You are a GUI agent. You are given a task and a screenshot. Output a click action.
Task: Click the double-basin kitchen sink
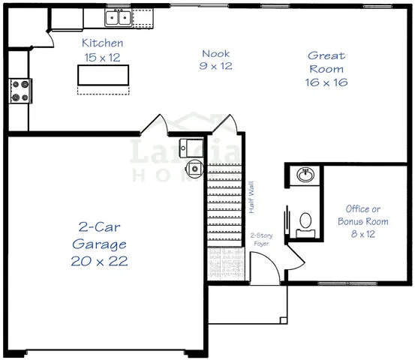[118, 16]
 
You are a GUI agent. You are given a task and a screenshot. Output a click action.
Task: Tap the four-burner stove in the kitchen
[20, 91]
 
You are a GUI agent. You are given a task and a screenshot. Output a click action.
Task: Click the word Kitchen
[103, 43]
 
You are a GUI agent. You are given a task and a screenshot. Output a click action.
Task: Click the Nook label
[216, 53]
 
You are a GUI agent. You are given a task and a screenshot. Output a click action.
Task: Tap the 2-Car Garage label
[100, 235]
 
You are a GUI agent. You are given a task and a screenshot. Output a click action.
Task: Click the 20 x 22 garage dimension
[100, 262]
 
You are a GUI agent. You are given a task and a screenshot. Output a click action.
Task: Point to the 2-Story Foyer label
[260, 238]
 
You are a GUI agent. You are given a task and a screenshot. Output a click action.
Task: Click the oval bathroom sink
[306, 175]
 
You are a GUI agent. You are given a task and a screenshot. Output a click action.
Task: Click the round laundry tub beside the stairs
[194, 169]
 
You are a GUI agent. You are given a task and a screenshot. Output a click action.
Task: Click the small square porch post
[283, 321]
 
